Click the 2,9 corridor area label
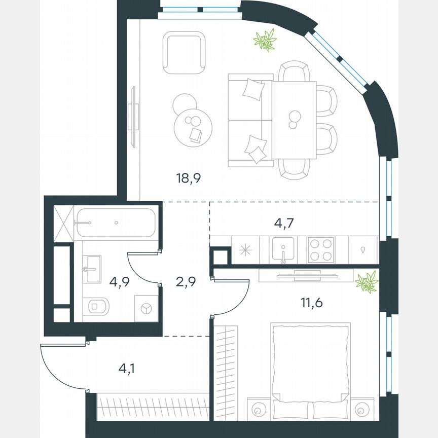(x=186, y=281)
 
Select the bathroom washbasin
(x=92, y=269)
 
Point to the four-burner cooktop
(x=321, y=249)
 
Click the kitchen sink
(x=283, y=249)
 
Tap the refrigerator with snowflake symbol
(x=245, y=249)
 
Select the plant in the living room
(x=265, y=40)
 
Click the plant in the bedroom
(x=367, y=282)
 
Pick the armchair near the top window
(x=184, y=52)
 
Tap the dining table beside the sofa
(x=294, y=120)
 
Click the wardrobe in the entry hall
(x=153, y=407)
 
